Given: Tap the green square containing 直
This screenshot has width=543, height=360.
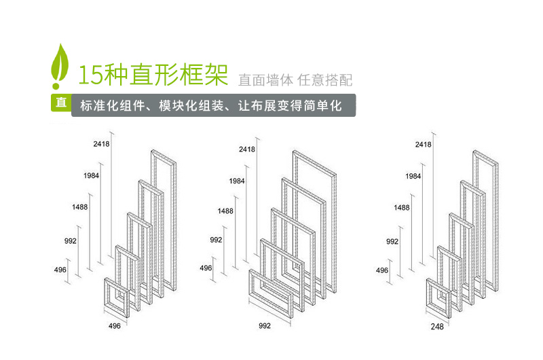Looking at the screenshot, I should [x=60, y=104].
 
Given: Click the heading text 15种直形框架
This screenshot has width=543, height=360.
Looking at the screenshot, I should [x=153, y=75].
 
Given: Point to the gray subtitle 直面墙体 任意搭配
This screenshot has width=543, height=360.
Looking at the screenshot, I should [x=295, y=79].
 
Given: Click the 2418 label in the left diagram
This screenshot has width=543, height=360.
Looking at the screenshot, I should [x=101, y=144].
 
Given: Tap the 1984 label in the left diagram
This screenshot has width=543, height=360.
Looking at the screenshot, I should [x=92, y=176].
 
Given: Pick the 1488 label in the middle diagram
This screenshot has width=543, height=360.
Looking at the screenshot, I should [x=225, y=211].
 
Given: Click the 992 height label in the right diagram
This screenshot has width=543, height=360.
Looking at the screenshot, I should [x=392, y=241].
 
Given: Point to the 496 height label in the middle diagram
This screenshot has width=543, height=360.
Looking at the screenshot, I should [x=206, y=268].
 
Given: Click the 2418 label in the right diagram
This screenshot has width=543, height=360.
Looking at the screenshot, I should [x=423, y=145].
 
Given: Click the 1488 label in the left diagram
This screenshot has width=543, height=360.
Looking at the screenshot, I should [x=79, y=208].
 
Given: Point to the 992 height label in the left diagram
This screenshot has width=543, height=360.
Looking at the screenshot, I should [x=71, y=241].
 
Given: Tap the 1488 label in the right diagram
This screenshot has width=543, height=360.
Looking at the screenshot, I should [x=401, y=207].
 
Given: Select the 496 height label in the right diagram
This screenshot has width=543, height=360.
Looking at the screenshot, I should [x=382, y=270].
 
